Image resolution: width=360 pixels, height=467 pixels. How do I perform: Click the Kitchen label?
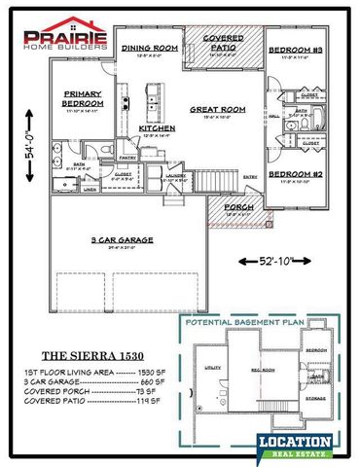(156, 128)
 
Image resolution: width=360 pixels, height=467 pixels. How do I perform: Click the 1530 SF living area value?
(156, 374)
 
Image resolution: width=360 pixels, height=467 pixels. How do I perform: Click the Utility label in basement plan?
(214, 368)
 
